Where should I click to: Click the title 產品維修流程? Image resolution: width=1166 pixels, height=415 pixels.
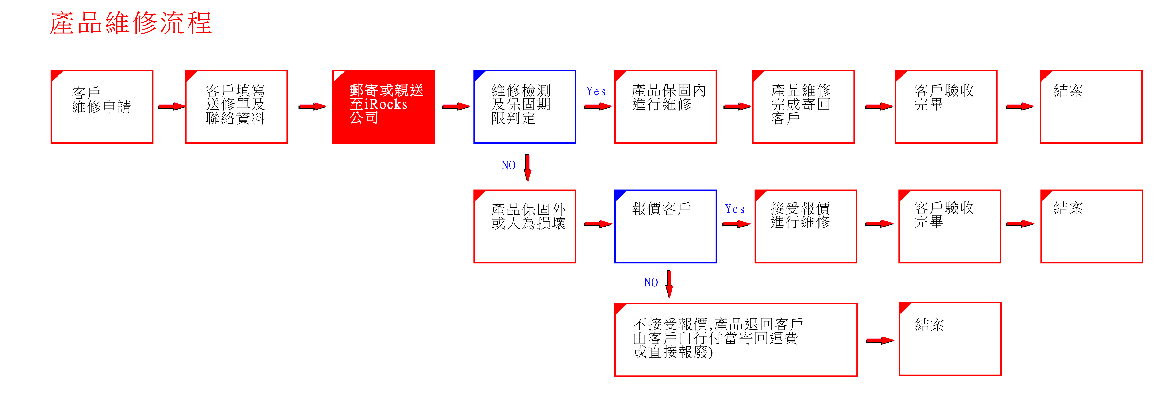coord(131,23)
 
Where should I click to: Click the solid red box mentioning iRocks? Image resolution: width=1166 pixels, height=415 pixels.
coord(384,107)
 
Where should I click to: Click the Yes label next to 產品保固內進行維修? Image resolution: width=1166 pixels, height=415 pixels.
coord(596,91)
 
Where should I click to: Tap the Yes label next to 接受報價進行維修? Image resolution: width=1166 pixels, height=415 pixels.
coord(735,209)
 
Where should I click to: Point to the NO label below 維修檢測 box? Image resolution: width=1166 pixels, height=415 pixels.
coord(508,165)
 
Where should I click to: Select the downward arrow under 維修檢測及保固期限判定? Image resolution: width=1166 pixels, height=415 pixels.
coord(527,168)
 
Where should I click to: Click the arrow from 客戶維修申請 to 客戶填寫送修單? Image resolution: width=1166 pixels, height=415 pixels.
coord(172,106)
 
